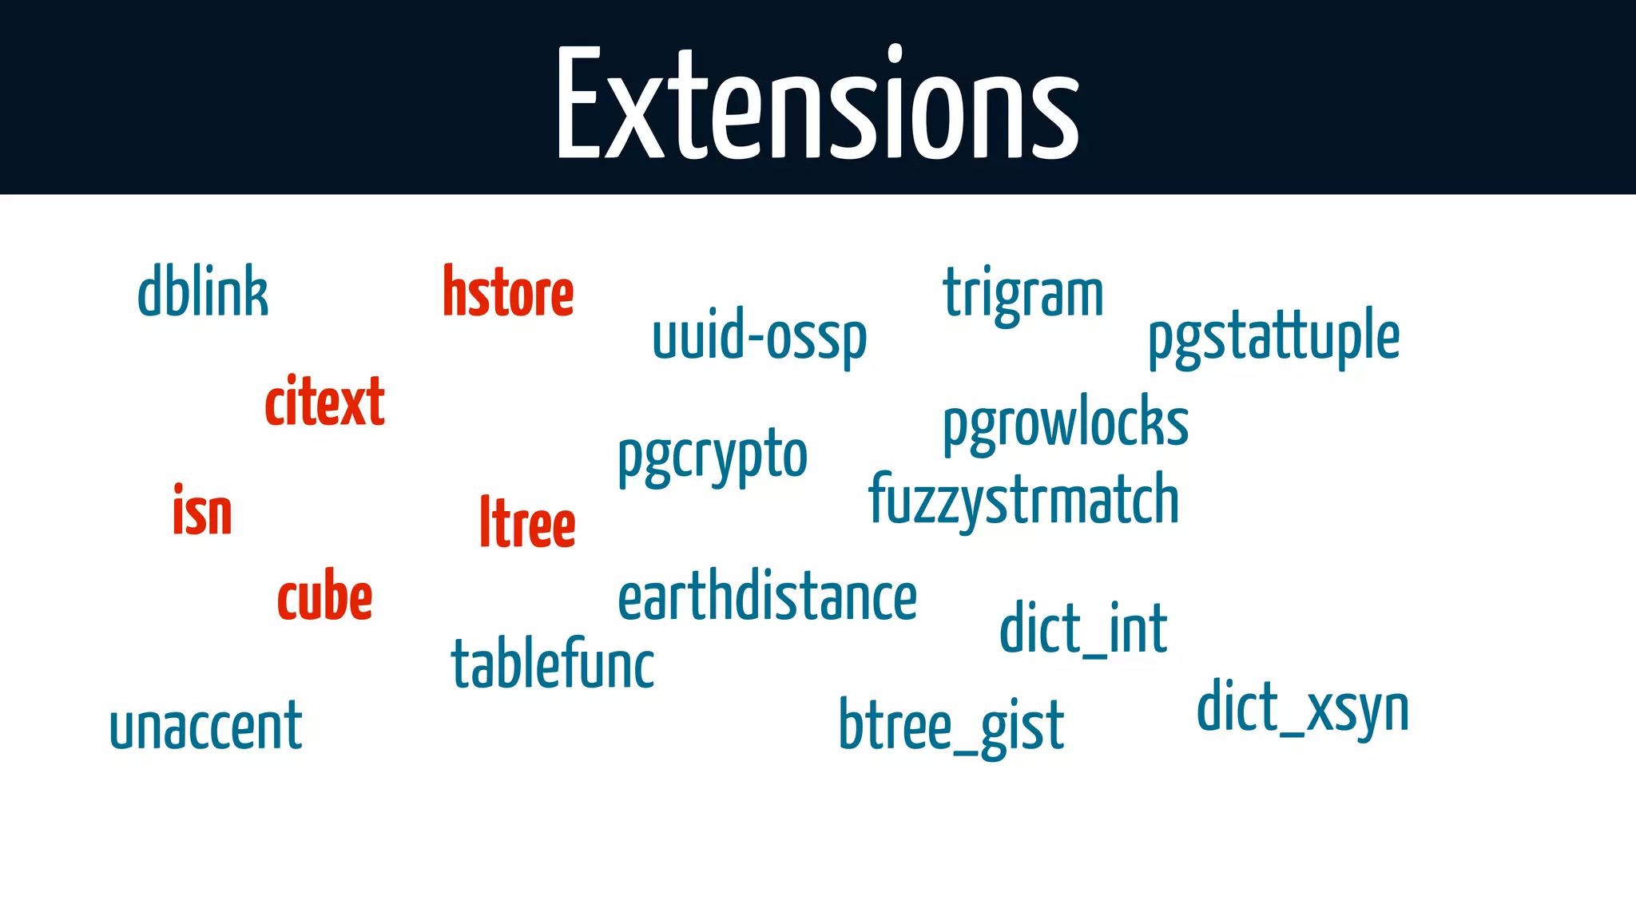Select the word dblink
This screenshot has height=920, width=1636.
click(x=203, y=292)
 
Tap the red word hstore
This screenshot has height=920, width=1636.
click(x=508, y=292)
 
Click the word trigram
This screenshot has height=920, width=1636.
click(x=1023, y=294)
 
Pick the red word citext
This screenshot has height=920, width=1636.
click(x=324, y=402)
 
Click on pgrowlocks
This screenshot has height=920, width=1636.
click(x=1066, y=423)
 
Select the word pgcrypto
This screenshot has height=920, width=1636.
click(x=713, y=457)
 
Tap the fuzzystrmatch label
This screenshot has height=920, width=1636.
click(x=1023, y=500)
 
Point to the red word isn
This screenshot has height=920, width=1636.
click(x=202, y=511)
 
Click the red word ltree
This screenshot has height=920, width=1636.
click(x=527, y=522)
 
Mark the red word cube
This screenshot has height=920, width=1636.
click(x=324, y=597)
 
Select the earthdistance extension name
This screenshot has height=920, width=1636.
click(x=767, y=597)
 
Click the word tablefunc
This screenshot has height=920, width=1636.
click(x=553, y=664)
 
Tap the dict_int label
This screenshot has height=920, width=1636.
click(x=1083, y=629)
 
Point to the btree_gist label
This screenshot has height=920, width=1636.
click(x=951, y=725)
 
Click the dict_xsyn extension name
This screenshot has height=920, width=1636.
click(x=1302, y=708)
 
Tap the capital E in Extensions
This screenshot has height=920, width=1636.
click(x=578, y=104)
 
